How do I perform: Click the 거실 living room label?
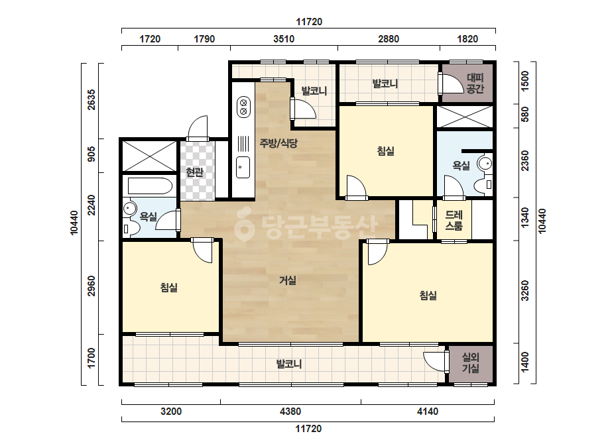click(x=288, y=280)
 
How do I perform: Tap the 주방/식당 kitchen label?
click(x=278, y=143)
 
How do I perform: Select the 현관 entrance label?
click(x=194, y=172)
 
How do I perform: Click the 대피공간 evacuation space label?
click(x=475, y=84)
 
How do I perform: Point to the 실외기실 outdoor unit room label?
click(x=471, y=363)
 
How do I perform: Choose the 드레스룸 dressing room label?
click(x=454, y=220)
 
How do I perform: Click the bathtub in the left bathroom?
click(x=150, y=186)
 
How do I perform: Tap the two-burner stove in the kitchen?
click(x=243, y=107)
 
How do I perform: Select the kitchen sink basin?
click(x=243, y=168)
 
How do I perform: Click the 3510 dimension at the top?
click(x=284, y=38)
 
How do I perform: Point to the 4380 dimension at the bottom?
click(x=290, y=412)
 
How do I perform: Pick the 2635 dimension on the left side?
click(x=91, y=100)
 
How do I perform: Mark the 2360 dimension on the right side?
click(x=525, y=161)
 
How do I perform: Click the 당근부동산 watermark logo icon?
click(x=244, y=225)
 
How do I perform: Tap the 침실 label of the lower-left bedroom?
click(x=169, y=288)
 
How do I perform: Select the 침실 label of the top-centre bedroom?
click(x=386, y=150)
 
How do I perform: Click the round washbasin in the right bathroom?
click(x=485, y=163)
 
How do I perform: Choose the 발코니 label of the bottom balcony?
click(x=289, y=364)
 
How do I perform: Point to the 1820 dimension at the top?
click(x=467, y=38)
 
